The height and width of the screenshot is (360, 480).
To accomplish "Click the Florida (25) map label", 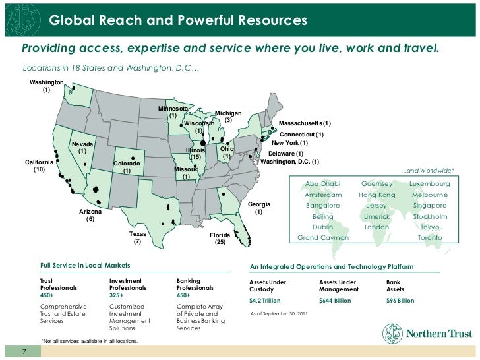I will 220,239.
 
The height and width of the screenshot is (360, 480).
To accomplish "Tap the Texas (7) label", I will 138,238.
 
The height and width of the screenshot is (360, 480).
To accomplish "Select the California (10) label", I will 39,165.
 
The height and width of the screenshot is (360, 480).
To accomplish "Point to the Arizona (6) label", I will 90,215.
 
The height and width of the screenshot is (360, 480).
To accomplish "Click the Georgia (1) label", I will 259,208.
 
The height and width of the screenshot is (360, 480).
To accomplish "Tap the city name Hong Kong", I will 376,195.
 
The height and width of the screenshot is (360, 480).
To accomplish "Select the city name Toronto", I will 430,237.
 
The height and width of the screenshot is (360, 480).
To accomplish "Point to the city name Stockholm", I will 430,216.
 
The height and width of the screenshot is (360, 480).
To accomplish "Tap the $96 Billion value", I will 400,301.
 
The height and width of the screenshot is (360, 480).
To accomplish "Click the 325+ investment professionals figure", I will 117,296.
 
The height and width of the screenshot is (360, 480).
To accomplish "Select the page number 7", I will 24,351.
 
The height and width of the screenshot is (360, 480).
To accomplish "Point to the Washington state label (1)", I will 46,85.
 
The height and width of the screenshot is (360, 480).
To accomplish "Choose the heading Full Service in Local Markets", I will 85,266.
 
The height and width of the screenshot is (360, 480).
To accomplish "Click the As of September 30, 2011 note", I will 277,313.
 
